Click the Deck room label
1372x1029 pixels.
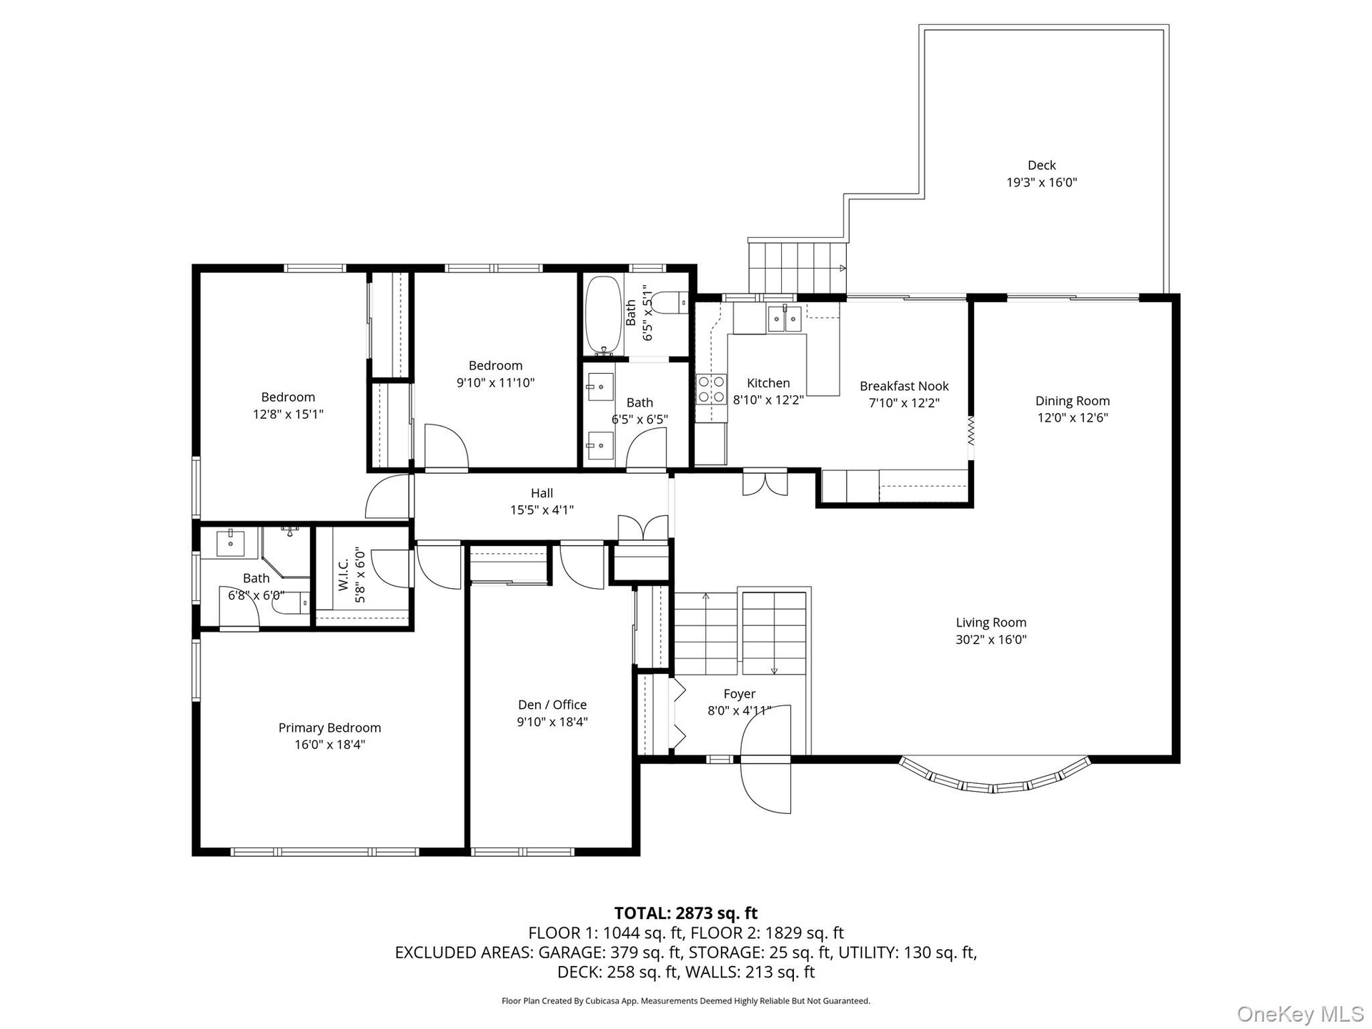click(1041, 165)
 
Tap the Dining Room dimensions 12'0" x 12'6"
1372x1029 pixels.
click(1073, 418)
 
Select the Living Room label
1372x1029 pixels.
click(990, 622)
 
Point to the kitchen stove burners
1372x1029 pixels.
click(711, 389)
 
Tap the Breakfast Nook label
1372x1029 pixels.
click(904, 386)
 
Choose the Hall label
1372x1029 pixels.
click(542, 493)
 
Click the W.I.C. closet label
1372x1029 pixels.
click(343, 575)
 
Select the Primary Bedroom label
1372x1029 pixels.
click(329, 727)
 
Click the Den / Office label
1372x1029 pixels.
click(552, 705)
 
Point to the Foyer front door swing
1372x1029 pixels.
click(766, 759)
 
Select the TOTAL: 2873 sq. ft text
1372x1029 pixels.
click(686, 913)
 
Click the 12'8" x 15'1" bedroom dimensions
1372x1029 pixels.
click(288, 414)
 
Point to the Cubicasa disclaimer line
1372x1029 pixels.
click(686, 1001)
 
